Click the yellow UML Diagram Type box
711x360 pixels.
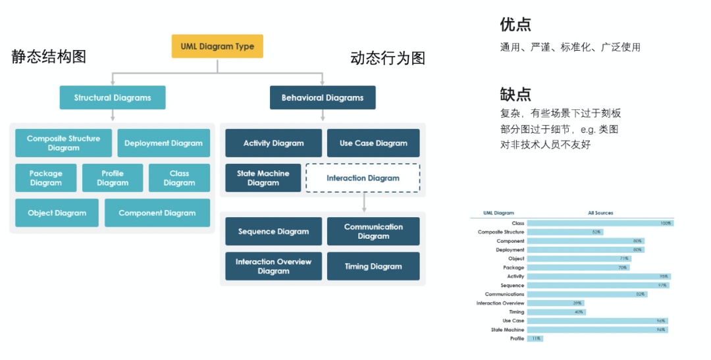pos(217,47)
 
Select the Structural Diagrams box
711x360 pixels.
pos(113,97)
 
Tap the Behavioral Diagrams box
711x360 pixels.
pos(323,97)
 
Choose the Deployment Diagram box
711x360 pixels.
pos(163,143)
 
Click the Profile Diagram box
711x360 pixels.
pos(113,178)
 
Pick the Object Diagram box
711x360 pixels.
pos(57,213)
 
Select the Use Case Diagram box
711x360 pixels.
pos(373,143)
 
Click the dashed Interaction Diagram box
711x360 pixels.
pos(363,178)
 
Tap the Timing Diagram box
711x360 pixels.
pos(373,267)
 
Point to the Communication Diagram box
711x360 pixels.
pos(373,231)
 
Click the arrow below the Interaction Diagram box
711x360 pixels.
pos(363,201)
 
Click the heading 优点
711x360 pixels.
pos(515,25)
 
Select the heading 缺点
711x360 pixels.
pos(515,93)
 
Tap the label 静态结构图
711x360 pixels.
pos(49,57)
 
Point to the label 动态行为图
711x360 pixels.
pos(388,59)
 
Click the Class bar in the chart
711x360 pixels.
pos(599,223)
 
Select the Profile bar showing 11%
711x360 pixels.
pos(535,338)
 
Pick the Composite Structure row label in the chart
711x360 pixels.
pos(501,232)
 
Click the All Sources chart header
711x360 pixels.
pos(600,213)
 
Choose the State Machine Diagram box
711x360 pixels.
pos(263,178)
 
